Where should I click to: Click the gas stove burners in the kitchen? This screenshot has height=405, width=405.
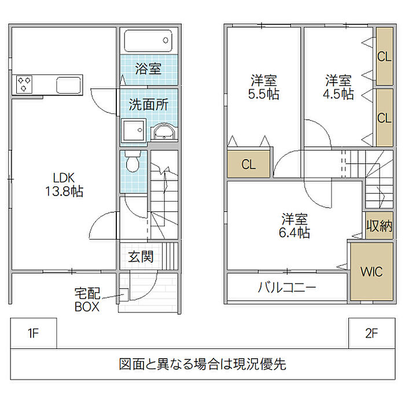[x=25, y=84]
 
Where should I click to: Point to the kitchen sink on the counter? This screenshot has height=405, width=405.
[x=69, y=85]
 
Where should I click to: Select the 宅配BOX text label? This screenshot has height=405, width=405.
[x=87, y=300]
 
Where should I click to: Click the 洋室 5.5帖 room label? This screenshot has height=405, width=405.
[x=264, y=87]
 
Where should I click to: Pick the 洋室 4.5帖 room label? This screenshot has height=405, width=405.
[x=338, y=87]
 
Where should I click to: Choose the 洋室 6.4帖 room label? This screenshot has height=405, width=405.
[x=295, y=226]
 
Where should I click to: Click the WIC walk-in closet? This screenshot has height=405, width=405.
[x=371, y=272]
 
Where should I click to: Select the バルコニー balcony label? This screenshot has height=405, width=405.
[x=287, y=287]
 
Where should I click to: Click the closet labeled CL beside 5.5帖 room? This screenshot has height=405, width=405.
[x=248, y=164]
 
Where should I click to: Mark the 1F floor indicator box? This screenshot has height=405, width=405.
[x=33, y=333]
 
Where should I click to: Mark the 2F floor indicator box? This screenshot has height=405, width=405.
[x=371, y=333]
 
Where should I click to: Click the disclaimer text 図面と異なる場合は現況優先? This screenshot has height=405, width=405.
[x=203, y=365]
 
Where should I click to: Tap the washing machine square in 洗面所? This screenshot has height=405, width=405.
[x=134, y=131]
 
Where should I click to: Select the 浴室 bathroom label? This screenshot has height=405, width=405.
[x=148, y=69]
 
